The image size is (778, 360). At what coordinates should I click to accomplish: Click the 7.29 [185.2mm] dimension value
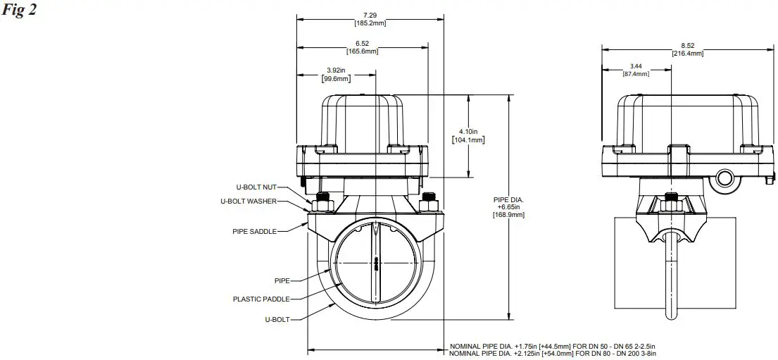point(370,20)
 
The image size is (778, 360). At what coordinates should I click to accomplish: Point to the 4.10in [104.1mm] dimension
point(468,135)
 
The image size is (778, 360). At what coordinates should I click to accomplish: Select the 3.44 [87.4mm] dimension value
point(636,70)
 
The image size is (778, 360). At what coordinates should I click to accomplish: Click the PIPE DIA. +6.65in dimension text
point(509,207)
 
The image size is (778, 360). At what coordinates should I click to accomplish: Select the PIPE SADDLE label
point(254,230)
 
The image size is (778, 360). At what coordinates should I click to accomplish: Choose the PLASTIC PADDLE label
point(261,299)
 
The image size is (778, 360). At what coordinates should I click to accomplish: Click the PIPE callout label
point(282,280)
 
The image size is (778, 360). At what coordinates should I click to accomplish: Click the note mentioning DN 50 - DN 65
point(553,347)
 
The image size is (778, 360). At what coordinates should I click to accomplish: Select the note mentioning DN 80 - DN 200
point(553,353)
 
